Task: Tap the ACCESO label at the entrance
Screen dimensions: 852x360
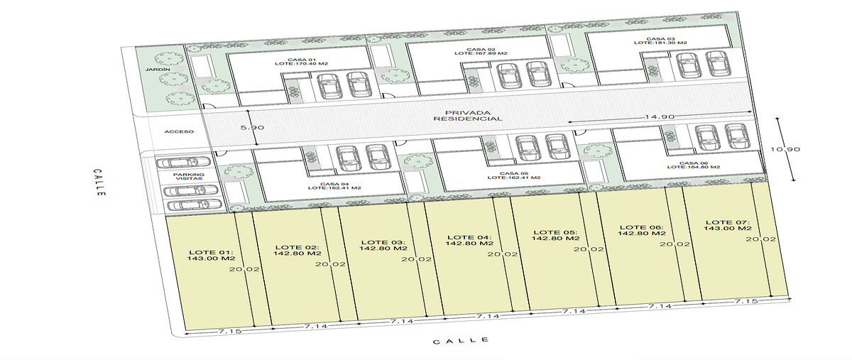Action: [x=179, y=131]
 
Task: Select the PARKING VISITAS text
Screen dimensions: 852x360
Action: [x=189, y=176]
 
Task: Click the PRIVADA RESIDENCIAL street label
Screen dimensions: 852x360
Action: [x=468, y=116]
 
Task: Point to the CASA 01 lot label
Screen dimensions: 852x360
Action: [x=302, y=62]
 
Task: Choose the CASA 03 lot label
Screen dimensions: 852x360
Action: [x=661, y=40]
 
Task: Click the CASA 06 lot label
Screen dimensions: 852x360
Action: [x=694, y=165]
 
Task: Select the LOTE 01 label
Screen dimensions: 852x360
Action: [x=211, y=255]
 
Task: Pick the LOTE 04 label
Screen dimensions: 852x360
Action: [x=469, y=240]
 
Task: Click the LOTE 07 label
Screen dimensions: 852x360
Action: [x=728, y=225]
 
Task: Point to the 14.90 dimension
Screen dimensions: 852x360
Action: [x=660, y=116]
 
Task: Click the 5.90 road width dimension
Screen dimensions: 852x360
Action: [x=252, y=128]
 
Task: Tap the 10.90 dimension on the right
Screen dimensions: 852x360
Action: [x=785, y=149]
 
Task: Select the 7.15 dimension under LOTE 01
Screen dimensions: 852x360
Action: [x=230, y=332]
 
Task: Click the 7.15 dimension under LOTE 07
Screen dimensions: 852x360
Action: [x=746, y=301]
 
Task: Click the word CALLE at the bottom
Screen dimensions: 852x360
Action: [x=461, y=341]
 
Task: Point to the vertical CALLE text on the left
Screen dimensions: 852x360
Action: [x=99, y=182]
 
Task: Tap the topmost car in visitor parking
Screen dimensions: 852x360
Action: [x=184, y=163]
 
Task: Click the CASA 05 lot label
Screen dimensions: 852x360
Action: [x=514, y=175]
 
